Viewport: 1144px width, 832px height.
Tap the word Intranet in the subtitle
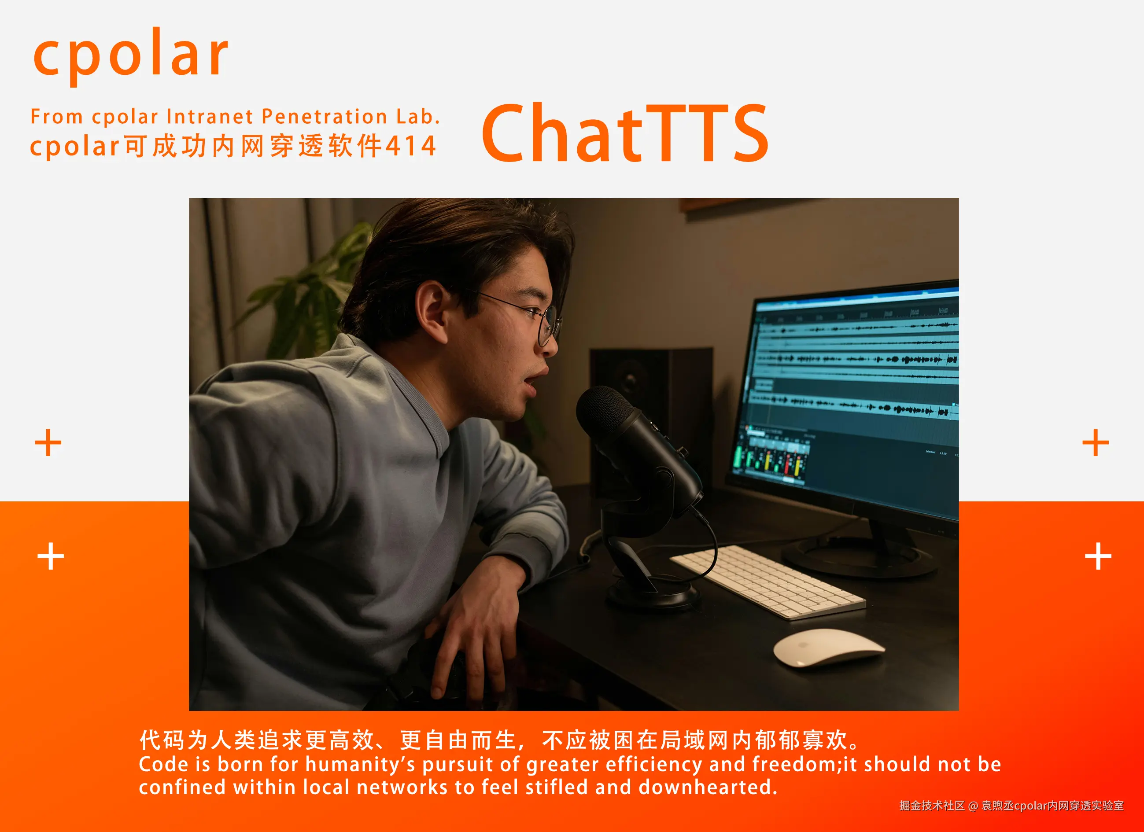209,117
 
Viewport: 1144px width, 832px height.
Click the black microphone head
605,411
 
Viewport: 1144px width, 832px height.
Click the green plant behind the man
313,292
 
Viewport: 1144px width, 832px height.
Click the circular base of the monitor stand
857,557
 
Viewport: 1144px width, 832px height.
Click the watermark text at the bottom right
1011,806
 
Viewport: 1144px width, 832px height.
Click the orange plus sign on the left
48,443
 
